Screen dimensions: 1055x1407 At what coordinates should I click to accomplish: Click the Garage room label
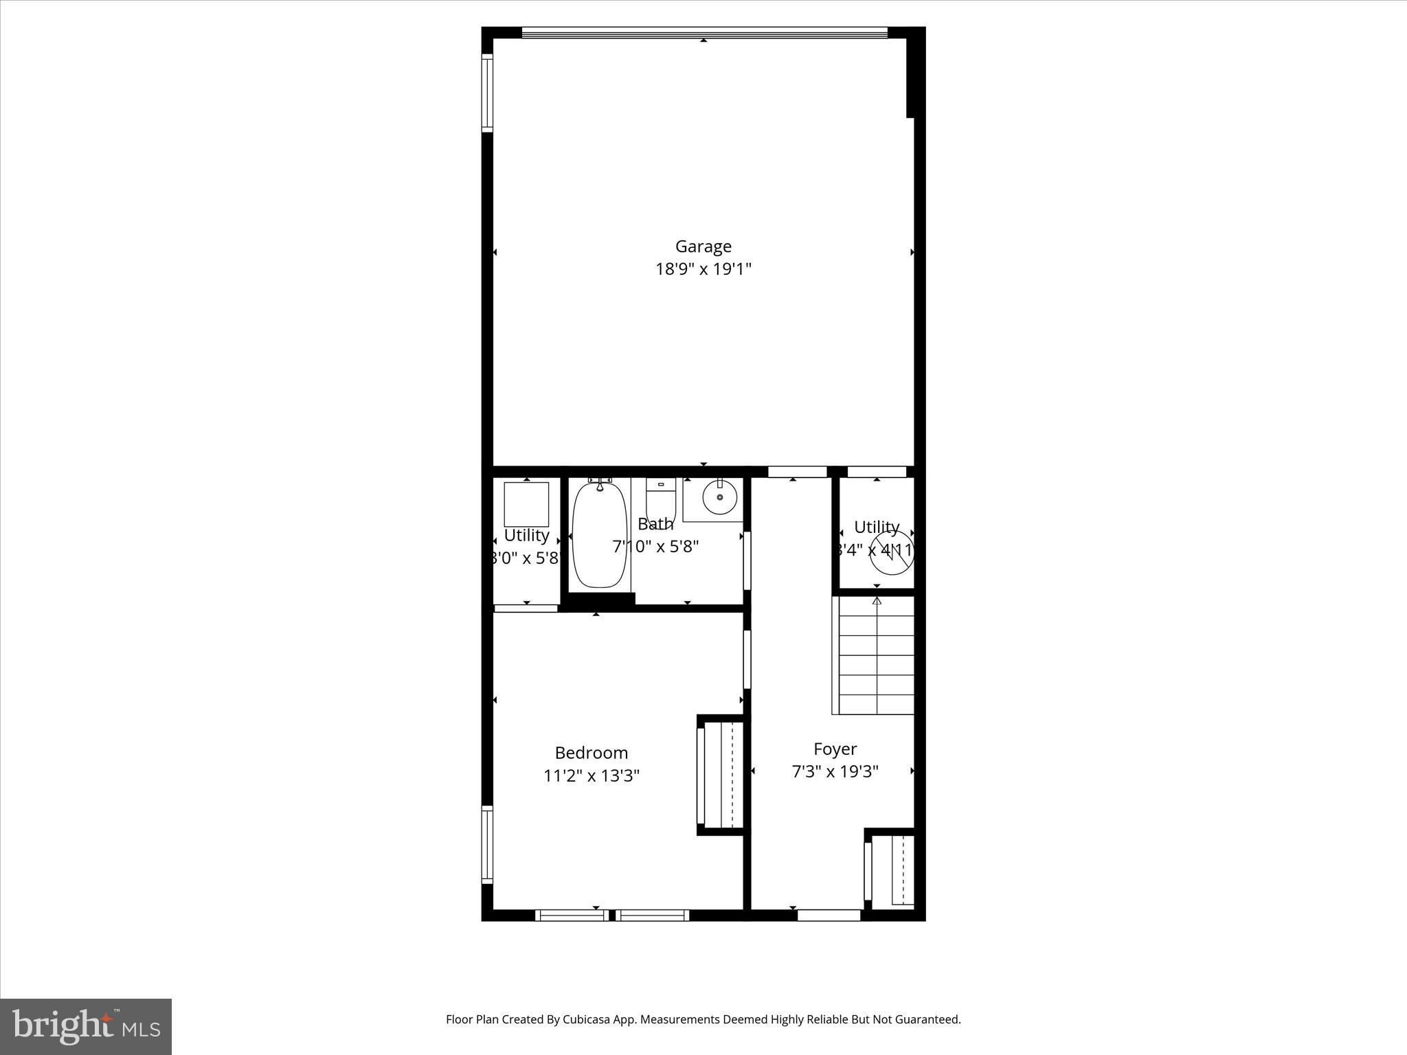(x=703, y=246)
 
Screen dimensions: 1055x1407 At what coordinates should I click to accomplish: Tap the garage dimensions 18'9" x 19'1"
(x=703, y=269)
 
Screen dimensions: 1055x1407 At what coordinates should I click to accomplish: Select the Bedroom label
(x=591, y=753)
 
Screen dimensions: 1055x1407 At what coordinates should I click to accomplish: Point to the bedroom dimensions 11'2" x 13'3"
(x=591, y=776)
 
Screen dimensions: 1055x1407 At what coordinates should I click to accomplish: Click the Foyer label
(x=835, y=749)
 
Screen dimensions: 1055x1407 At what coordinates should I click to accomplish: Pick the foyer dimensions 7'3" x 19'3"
(x=835, y=772)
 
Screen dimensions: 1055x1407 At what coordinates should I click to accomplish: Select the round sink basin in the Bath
(x=719, y=496)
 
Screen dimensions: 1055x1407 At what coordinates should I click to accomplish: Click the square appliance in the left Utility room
(x=526, y=504)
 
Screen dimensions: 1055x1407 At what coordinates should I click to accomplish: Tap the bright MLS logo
(x=86, y=1026)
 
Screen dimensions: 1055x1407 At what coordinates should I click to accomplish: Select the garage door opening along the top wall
(x=704, y=32)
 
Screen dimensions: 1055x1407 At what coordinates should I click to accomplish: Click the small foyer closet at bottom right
(x=891, y=870)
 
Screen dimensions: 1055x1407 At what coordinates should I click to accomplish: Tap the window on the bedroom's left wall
(x=487, y=844)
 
